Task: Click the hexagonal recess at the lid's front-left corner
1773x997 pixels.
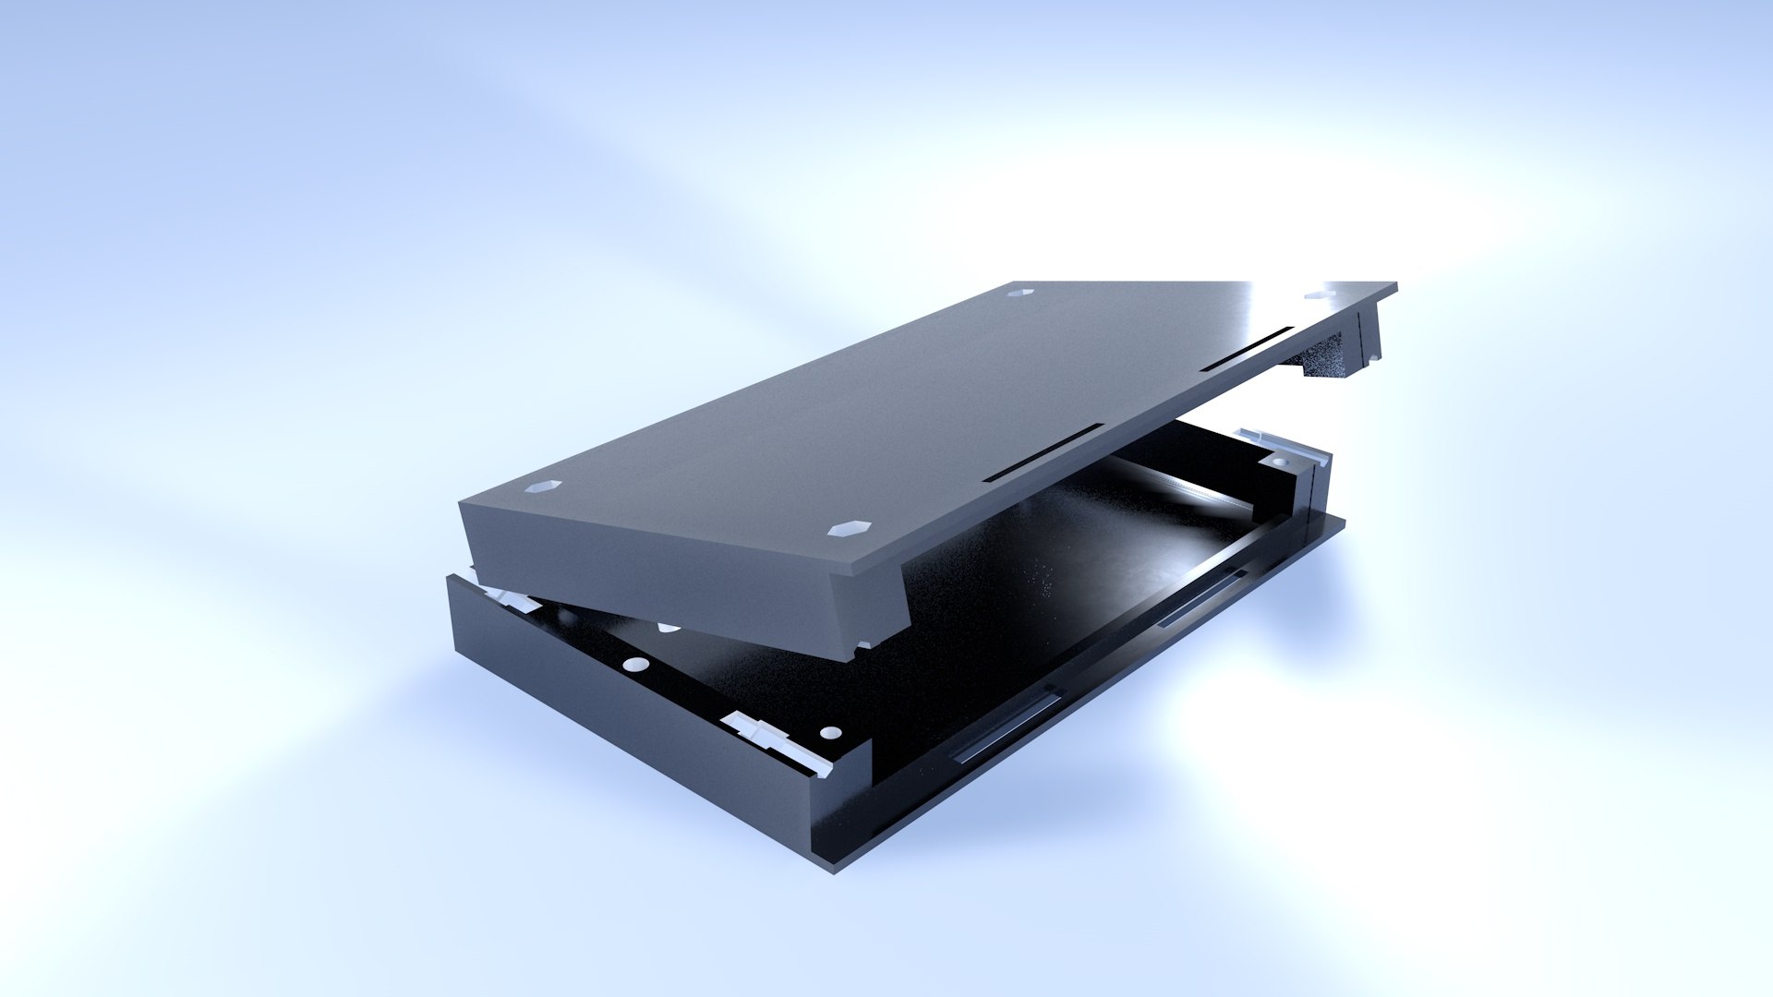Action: point(543,487)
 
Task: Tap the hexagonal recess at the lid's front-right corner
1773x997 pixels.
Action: point(850,529)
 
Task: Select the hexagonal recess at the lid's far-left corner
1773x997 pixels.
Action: point(1019,292)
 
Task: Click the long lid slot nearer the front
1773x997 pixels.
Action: point(1043,454)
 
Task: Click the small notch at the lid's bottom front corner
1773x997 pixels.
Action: point(863,647)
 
